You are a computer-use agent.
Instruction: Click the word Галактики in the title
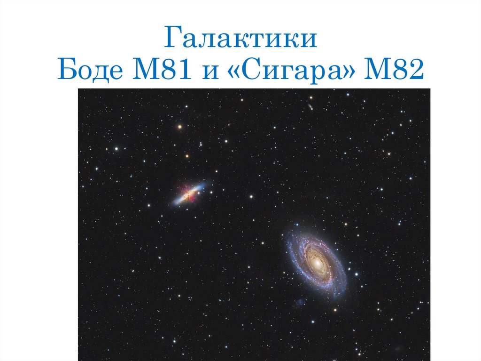tap(240, 40)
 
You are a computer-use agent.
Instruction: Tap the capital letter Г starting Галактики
tap(172, 40)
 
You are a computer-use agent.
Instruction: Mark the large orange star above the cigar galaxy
tap(179, 127)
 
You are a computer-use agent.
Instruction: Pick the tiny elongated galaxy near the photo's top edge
tap(310, 107)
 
